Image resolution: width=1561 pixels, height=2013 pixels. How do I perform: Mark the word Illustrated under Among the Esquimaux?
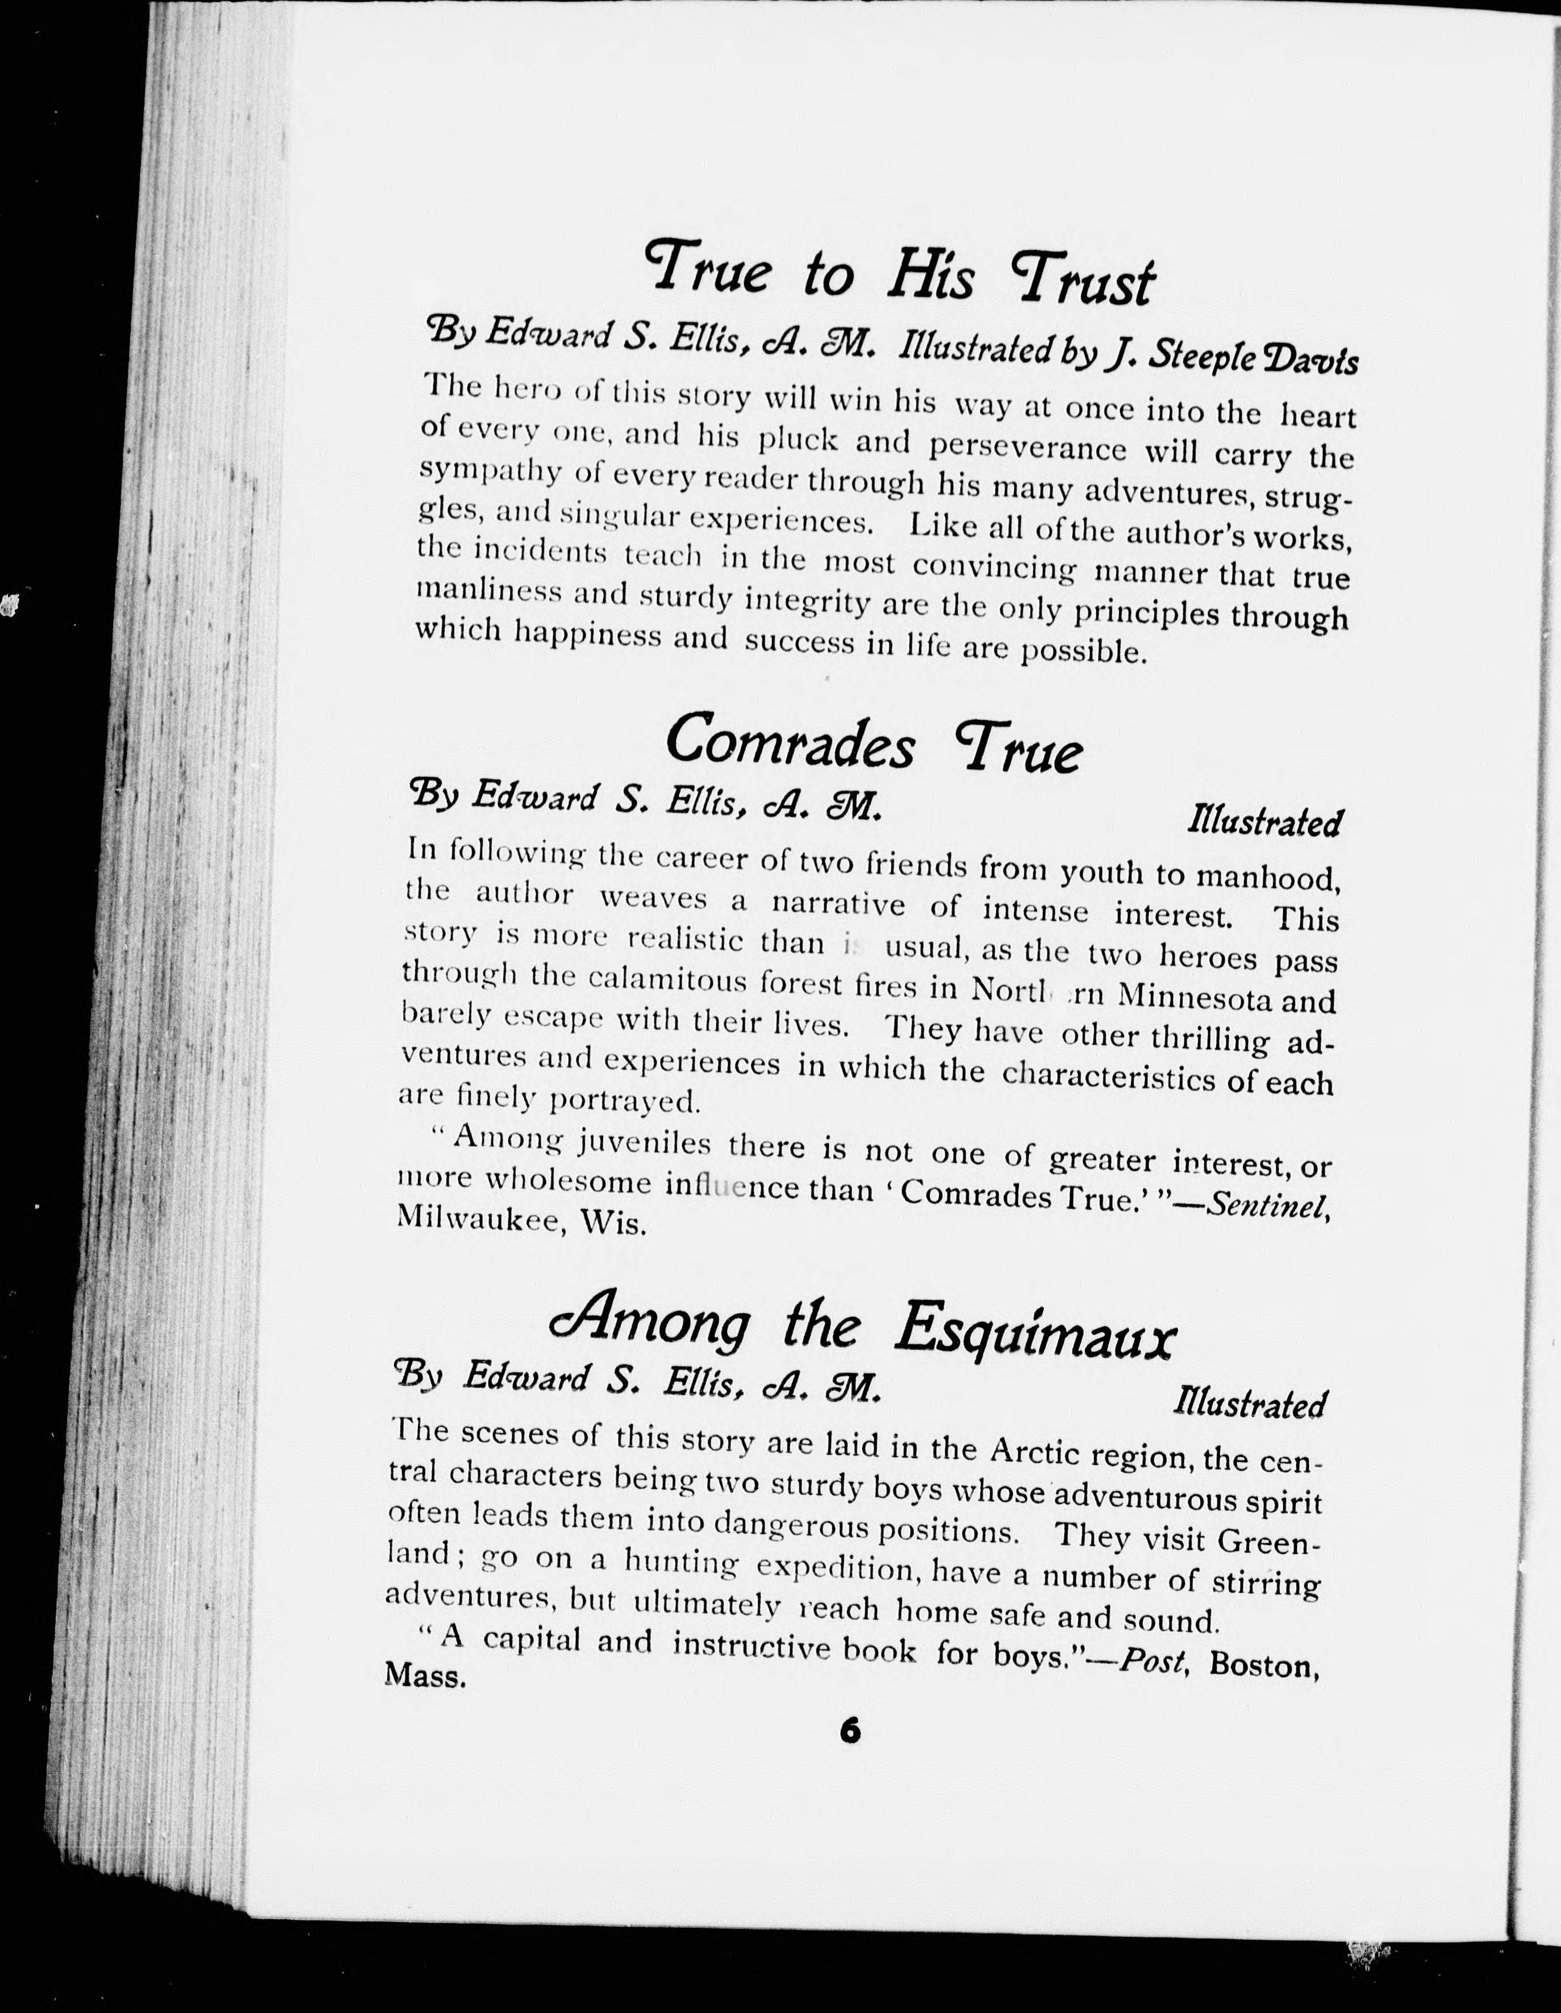coord(1249,1404)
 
